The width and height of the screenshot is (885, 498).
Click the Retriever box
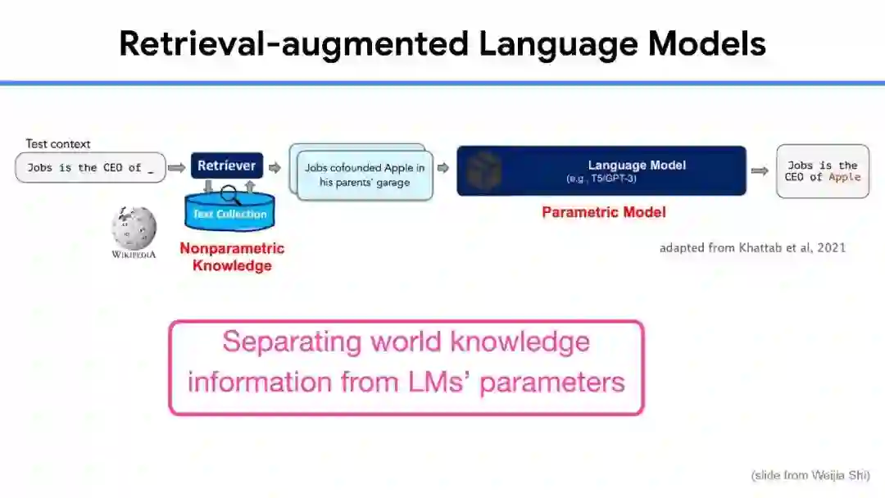tap(227, 165)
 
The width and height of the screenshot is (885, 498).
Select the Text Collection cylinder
tap(229, 215)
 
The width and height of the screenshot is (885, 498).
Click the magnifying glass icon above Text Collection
tap(230, 193)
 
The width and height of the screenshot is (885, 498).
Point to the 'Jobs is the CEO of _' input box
tap(90, 167)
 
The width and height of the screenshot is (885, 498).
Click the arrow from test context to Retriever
tap(177, 167)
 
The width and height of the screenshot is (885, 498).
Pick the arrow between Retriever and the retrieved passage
tap(275, 167)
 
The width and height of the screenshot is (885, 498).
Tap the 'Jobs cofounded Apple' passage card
tap(365, 175)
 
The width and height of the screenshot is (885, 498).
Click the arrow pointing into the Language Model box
tap(442, 168)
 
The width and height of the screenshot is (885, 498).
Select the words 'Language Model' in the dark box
tap(637, 165)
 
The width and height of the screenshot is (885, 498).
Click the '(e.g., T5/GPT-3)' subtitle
tap(601, 179)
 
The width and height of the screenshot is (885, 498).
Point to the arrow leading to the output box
tap(760, 170)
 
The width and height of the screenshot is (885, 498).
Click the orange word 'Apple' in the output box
tap(844, 177)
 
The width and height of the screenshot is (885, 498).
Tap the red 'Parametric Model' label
tap(604, 212)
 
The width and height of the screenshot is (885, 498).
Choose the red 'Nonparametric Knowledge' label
tap(232, 256)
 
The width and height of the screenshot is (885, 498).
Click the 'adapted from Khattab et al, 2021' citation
tap(752, 247)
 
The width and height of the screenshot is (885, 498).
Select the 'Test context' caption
tap(57, 144)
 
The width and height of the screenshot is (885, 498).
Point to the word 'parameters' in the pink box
tap(551, 382)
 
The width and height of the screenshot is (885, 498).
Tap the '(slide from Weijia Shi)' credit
tap(810, 475)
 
